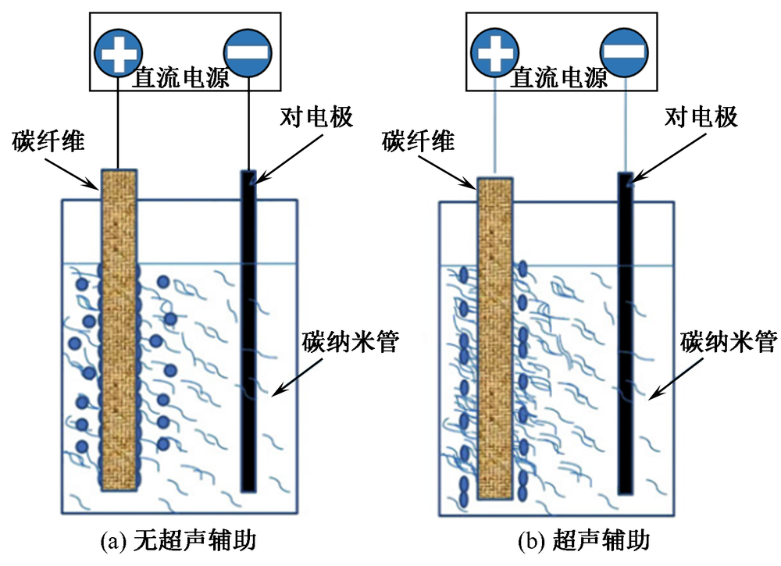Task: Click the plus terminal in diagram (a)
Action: [x=119, y=52]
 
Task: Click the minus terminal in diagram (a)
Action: [x=248, y=52]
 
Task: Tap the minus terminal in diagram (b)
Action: [x=623, y=52]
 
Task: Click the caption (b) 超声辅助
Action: [x=583, y=540]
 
